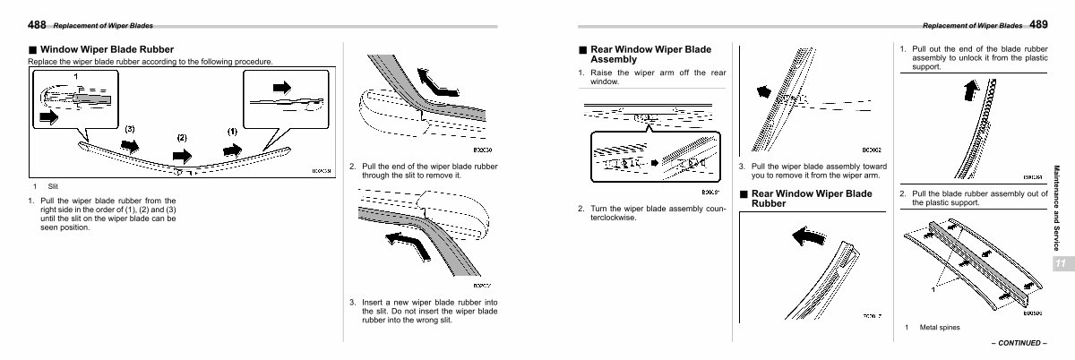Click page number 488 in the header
[38, 24]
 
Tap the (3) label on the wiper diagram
[130, 130]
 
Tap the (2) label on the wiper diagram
[182, 137]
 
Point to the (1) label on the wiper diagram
[232, 131]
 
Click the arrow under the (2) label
[182, 155]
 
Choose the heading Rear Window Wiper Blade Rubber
[811, 198]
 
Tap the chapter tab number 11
[1060, 263]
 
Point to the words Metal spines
[940, 327]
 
